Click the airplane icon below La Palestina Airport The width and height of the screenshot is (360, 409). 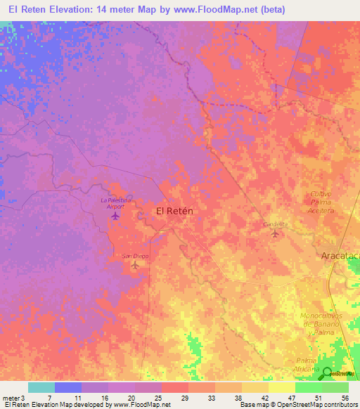115,215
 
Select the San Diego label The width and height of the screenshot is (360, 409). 136,256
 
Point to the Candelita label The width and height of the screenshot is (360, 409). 276,224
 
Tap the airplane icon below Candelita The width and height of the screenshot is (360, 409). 274,233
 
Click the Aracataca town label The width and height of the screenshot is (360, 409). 340,257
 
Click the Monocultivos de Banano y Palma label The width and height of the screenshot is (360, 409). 324,324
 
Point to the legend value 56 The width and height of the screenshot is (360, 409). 344,397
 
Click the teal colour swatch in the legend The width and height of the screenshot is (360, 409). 41,387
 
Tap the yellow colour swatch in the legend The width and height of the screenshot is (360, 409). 281,387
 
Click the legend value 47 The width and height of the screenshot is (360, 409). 290,397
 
